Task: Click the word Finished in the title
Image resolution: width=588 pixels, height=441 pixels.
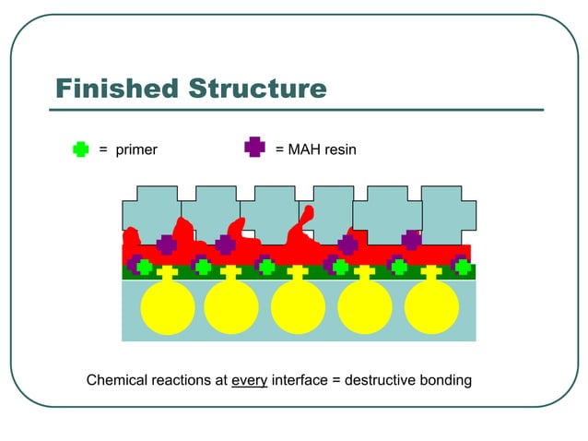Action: pyautogui.click(x=117, y=89)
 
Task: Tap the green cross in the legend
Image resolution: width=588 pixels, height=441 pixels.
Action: pyautogui.click(x=80, y=149)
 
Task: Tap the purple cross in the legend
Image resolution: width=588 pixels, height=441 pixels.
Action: pyautogui.click(x=254, y=147)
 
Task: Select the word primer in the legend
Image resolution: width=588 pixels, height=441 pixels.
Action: pyautogui.click(x=136, y=149)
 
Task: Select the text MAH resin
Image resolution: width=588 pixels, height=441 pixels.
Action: pyautogui.click(x=322, y=149)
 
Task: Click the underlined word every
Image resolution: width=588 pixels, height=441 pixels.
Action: pyautogui.click(x=249, y=380)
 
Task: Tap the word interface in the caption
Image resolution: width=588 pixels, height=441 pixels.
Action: pyautogui.click(x=300, y=380)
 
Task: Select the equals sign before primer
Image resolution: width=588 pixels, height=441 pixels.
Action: pyautogui.click(x=104, y=149)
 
